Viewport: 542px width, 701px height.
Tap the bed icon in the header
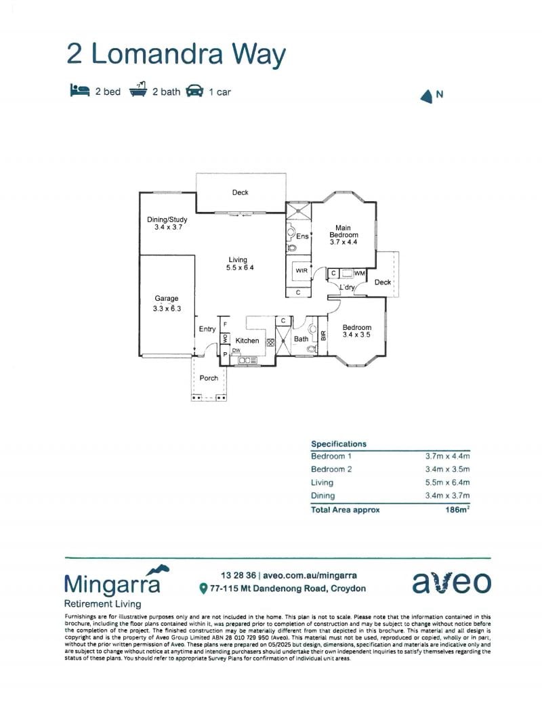(x=79, y=90)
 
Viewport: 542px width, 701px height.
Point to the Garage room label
(x=167, y=298)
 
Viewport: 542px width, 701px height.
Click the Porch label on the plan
(x=209, y=378)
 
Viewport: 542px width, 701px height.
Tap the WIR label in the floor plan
(x=301, y=270)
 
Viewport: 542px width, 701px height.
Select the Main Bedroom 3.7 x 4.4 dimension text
(x=343, y=242)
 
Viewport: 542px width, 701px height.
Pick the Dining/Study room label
(x=167, y=219)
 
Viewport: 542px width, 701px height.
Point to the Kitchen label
(x=247, y=341)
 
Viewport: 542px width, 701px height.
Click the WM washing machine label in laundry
(x=360, y=273)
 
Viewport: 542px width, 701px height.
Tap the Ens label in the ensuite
(x=302, y=236)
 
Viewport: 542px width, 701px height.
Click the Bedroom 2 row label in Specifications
(x=331, y=469)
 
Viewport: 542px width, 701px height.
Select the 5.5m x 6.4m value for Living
(x=447, y=482)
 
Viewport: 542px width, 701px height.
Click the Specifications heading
(x=339, y=444)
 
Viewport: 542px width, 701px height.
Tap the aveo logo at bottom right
(x=451, y=582)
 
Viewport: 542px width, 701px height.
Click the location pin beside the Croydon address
(x=203, y=589)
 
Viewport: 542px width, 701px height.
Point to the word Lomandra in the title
(x=157, y=54)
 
